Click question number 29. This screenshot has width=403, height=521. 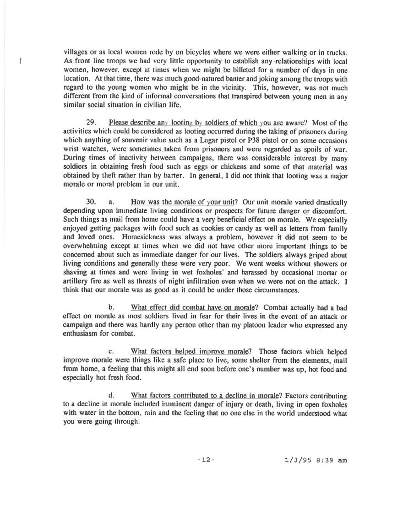coord(92,123)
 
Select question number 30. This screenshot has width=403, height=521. coord(92,202)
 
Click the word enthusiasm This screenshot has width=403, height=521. coord(81,333)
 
